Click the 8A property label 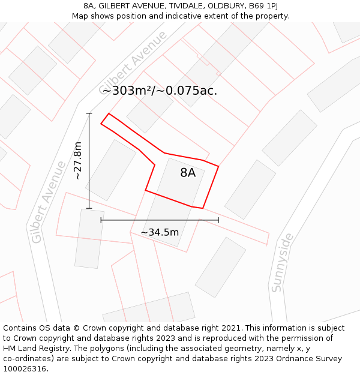click(x=188, y=173)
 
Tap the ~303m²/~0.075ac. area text click(x=160, y=91)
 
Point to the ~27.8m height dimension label click(x=78, y=161)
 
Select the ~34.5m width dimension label click(x=160, y=232)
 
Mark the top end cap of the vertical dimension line click(x=89, y=113)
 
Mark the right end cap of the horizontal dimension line click(x=218, y=220)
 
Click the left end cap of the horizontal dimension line click(x=101, y=220)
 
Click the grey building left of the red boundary click(x=111, y=170)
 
